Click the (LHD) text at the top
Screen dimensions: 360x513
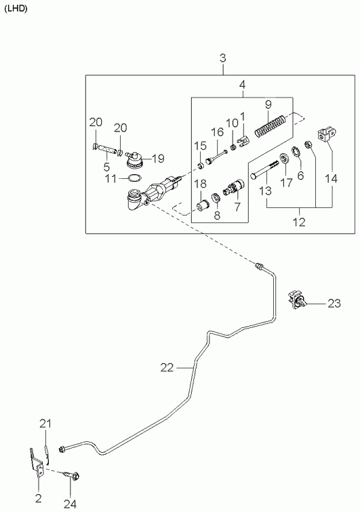coord(16,9)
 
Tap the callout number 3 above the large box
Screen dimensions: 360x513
coord(223,58)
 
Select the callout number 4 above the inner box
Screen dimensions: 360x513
coord(242,85)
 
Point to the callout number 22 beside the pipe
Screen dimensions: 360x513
coord(167,368)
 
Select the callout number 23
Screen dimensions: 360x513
coord(334,304)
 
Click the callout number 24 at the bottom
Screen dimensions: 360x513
coord(70,504)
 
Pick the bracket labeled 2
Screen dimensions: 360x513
coord(37,464)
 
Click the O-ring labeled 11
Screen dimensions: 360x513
coord(134,178)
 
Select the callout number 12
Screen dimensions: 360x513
coord(299,222)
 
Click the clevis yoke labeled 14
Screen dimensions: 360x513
coord(327,134)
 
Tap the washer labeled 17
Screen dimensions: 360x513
coord(284,158)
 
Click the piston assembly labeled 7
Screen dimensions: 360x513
coord(234,187)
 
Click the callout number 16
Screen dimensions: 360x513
coord(217,133)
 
